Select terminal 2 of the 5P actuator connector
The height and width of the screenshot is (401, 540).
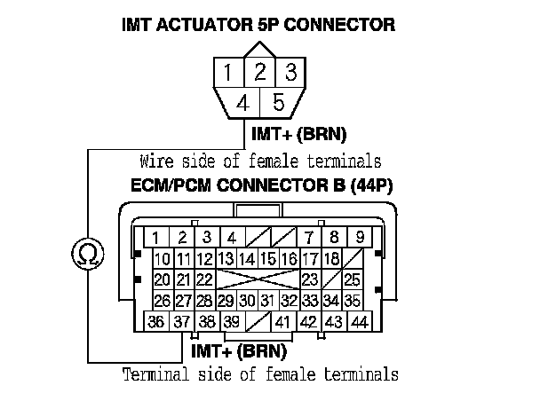click(x=259, y=71)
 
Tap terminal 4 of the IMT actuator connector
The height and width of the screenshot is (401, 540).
click(x=242, y=103)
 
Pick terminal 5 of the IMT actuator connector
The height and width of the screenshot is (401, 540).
click(x=278, y=103)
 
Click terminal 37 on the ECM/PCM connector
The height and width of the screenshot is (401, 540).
click(x=182, y=322)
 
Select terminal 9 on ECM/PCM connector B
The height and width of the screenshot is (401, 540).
click(x=360, y=238)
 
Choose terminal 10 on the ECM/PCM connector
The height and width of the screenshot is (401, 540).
click(x=162, y=259)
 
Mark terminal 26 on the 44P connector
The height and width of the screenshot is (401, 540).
click(x=162, y=301)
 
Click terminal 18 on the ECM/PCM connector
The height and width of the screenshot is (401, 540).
click(x=330, y=259)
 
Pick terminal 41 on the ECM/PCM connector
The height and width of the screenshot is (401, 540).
click(x=284, y=322)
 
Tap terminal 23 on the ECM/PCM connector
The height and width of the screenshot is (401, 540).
click(x=310, y=280)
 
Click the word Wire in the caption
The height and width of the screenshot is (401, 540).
click(x=156, y=161)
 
